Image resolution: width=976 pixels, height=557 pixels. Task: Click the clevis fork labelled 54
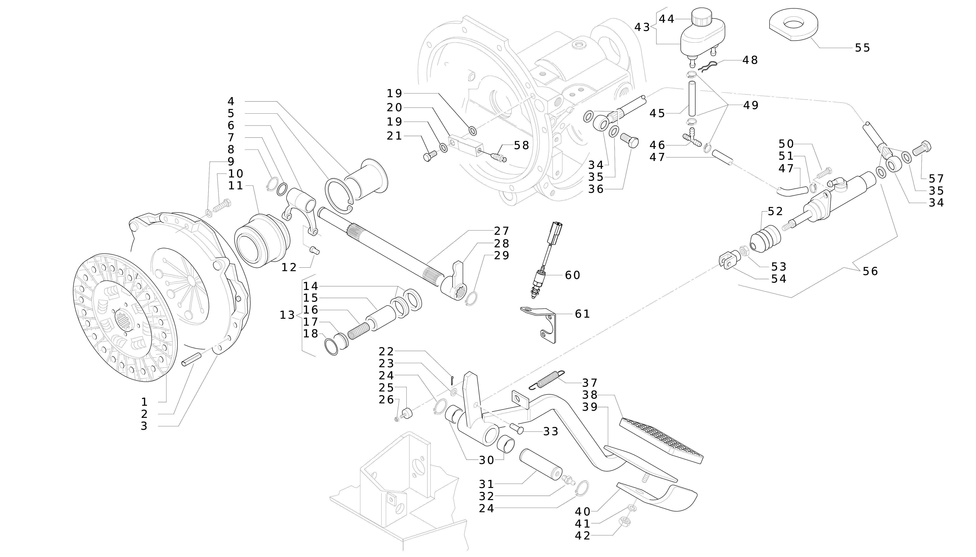(728, 261)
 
